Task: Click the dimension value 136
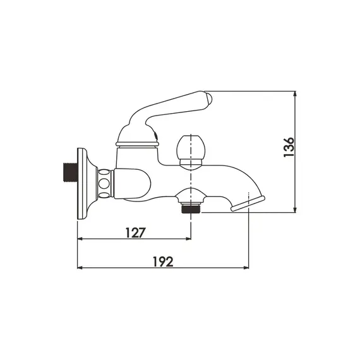click(x=289, y=147)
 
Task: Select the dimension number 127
click(x=135, y=232)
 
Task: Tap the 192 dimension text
click(x=163, y=261)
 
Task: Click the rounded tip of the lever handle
click(x=208, y=99)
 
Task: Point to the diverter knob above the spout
click(x=191, y=152)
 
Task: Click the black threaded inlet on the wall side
click(x=70, y=172)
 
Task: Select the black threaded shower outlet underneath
click(x=191, y=208)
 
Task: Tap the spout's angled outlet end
click(x=248, y=203)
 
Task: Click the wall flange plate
click(x=82, y=184)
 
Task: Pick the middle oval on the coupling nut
click(x=104, y=183)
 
